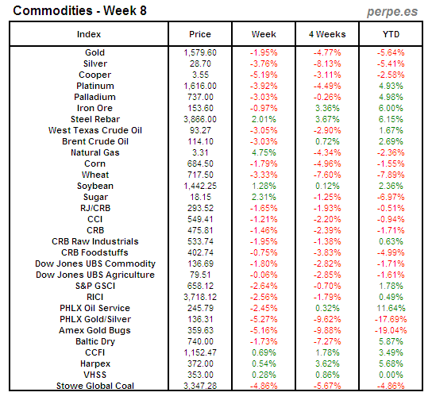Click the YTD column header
391,35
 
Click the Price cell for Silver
200,63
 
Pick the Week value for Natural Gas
264,152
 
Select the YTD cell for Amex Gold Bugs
391,330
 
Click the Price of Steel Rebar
200,119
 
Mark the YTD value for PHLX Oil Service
391,308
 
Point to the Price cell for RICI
200,297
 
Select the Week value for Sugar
264,197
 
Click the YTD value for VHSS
391,375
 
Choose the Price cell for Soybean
200,186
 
